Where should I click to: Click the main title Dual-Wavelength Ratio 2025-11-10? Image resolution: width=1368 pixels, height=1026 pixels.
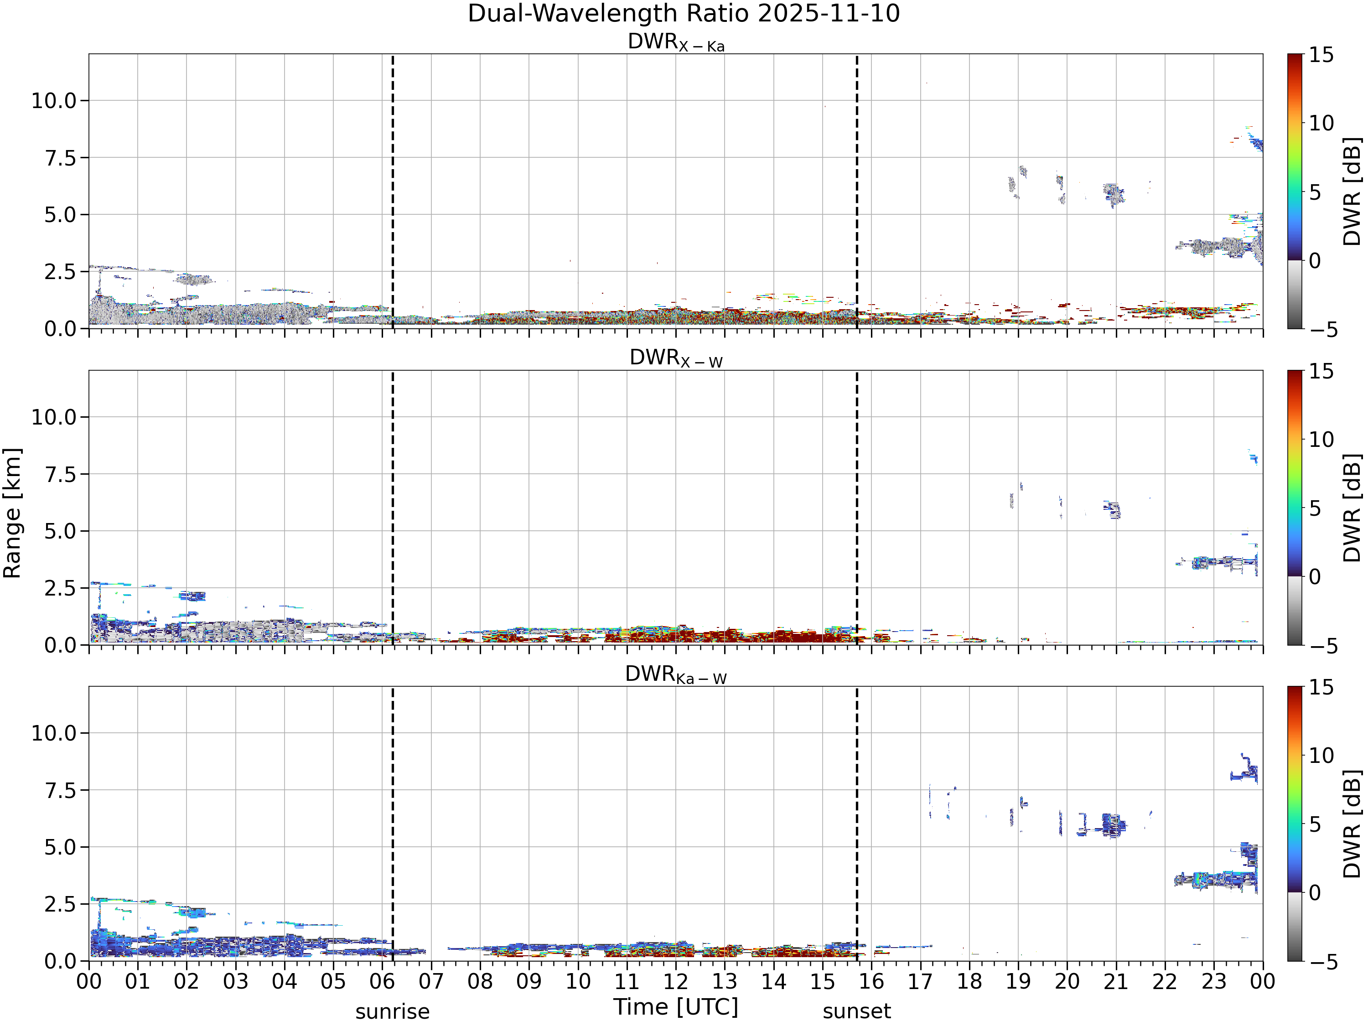684,14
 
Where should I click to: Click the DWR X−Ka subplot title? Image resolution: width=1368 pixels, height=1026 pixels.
676,42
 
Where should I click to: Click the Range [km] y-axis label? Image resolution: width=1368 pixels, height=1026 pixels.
12,513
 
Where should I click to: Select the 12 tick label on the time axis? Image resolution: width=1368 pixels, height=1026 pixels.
675,981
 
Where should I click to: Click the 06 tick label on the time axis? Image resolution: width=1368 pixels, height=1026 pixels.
382,981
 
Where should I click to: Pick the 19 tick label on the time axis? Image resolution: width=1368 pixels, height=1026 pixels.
1018,981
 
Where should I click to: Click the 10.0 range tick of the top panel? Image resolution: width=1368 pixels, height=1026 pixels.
54,100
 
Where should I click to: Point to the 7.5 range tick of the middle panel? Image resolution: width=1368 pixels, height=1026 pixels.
61,474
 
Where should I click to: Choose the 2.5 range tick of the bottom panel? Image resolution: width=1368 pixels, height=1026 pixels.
61,904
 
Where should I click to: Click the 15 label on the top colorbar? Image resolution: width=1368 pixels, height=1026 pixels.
1321,55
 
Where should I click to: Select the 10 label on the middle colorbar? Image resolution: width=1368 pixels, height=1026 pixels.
1321,440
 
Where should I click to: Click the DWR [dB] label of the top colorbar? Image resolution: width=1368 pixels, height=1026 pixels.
1352,191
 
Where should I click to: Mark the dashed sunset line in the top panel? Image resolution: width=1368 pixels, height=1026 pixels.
856,191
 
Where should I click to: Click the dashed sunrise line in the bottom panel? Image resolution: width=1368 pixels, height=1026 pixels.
393,824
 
